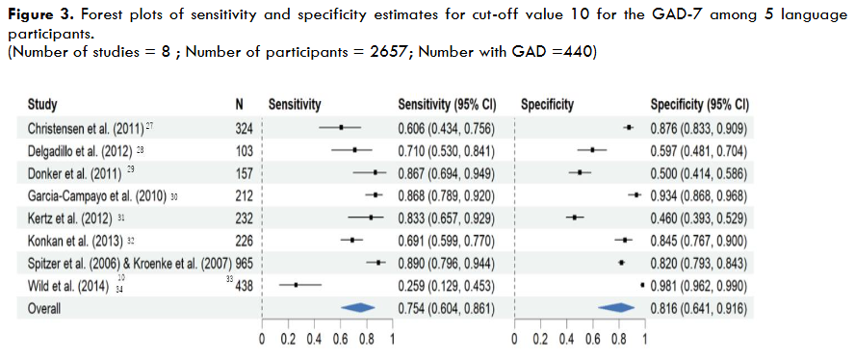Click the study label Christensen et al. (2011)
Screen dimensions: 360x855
[86, 128]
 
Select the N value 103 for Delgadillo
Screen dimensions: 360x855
[244, 151]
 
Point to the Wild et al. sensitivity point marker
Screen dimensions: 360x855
[296, 285]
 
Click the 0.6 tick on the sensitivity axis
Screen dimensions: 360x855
[340, 340]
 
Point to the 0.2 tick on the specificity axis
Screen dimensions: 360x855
[541, 340]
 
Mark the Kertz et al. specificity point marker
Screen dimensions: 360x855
[575, 218]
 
